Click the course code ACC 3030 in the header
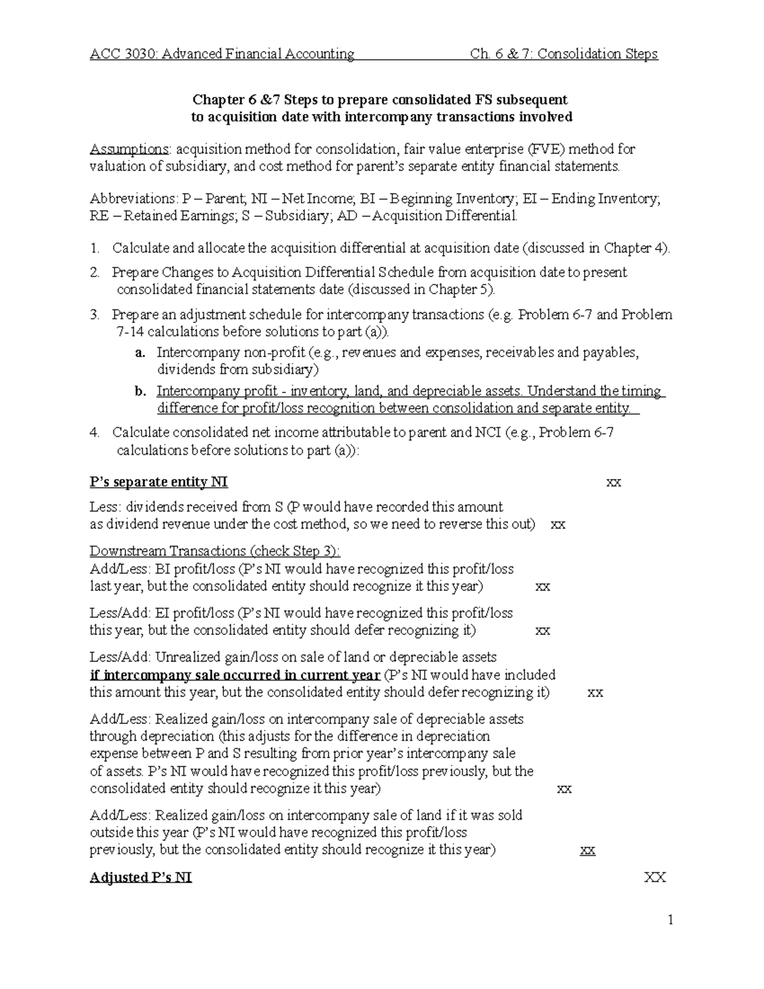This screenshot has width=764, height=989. click(123, 54)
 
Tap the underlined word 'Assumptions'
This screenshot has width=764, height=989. click(129, 150)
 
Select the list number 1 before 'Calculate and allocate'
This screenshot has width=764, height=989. click(94, 248)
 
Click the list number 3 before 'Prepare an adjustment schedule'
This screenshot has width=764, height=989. click(94, 315)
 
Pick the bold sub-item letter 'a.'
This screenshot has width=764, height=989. click(141, 353)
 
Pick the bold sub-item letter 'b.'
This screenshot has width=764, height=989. click(141, 392)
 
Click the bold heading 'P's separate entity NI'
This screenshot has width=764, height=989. click(159, 483)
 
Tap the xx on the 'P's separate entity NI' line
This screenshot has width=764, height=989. click(613, 483)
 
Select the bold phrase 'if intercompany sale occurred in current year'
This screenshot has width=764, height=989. click(235, 675)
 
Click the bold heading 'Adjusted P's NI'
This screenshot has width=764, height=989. click(141, 878)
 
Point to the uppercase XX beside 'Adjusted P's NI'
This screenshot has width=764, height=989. click(654, 878)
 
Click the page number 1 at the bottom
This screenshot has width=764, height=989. click(670, 920)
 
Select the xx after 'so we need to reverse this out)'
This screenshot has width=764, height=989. click(558, 525)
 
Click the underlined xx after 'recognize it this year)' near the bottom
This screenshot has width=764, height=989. click(588, 850)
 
